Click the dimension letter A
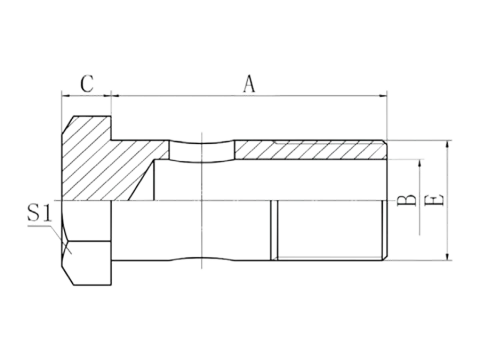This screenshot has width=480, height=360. pos(249,84)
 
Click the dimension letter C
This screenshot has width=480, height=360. pos(87,84)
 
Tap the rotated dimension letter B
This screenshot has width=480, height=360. pos(407,200)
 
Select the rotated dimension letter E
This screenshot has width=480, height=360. pos(435,199)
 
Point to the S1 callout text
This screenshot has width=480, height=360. pos(40,213)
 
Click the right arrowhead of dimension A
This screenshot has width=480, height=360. pos(383,96)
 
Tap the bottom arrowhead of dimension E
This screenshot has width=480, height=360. pos(447,256)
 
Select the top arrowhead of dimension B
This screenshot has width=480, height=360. pos(421,163)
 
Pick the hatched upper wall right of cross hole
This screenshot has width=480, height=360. pos(310,150)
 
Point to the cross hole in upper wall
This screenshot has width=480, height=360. pos(202,152)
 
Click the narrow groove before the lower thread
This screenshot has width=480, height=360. pos(274,230)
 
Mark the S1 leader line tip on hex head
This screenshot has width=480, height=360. pos(71,254)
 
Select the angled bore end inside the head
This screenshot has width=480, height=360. pos(140,181)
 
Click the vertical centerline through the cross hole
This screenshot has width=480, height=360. pos(202,200)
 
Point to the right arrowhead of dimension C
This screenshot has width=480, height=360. pos(107,96)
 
